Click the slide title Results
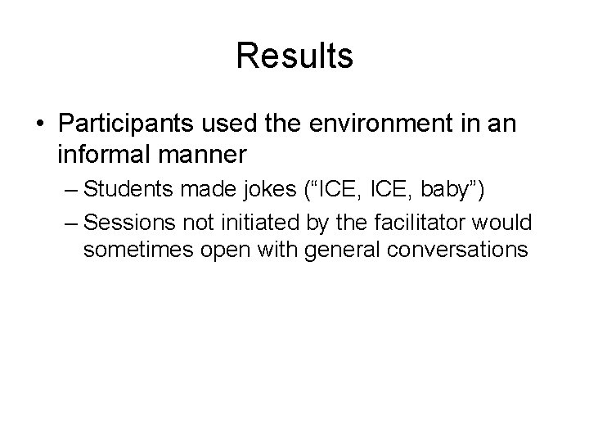tap(294, 56)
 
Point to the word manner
tap(203, 153)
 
